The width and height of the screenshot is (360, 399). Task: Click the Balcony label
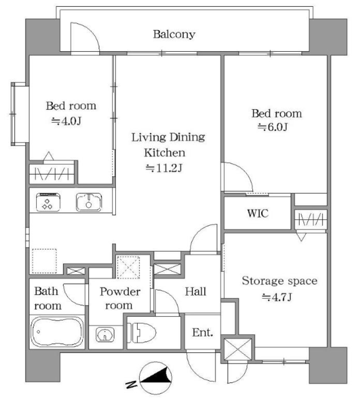[174, 34]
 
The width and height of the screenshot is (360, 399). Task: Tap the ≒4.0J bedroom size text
[67, 121]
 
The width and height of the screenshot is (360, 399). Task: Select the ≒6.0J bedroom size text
[273, 127]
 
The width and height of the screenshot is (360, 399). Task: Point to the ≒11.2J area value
[164, 168]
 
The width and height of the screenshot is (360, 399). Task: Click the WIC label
[258, 213]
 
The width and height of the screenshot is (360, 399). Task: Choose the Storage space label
[280, 281]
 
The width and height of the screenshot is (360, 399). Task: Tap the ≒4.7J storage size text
[277, 297]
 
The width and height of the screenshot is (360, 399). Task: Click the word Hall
[195, 292]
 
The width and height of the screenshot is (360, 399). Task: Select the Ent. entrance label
[202, 332]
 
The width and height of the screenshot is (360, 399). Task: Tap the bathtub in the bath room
[57, 332]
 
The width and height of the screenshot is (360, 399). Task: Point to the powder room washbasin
[105, 335]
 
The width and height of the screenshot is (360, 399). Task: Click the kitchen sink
[89, 202]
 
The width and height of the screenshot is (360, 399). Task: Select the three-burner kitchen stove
[49, 202]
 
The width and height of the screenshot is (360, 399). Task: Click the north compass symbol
[156, 378]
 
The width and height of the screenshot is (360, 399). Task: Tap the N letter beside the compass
[131, 384]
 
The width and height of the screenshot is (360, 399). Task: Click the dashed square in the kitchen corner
[44, 261]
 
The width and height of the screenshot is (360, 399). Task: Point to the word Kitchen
[164, 153]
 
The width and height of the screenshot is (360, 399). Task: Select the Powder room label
[120, 299]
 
